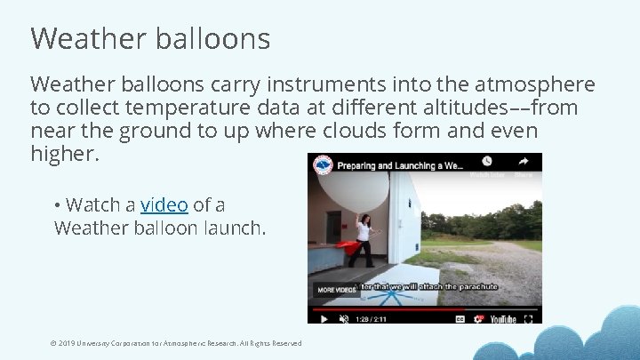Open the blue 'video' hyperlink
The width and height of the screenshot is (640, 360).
pyautogui.click(x=164, y=204)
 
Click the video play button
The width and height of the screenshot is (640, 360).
pyautogui.click(x=324, y=317)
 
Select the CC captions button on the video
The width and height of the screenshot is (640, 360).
pyautogui.click(x=460, y=317)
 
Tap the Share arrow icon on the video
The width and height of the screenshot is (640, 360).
pyautogui.click(x=524, y=162)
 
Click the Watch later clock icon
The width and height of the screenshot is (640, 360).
pyautogui.click(x=486, y=162)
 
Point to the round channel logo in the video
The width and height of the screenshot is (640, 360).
pyautogui.click(x=323, y=164)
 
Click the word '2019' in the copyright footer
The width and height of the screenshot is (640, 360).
pyautogui.click(x=66, y=343)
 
